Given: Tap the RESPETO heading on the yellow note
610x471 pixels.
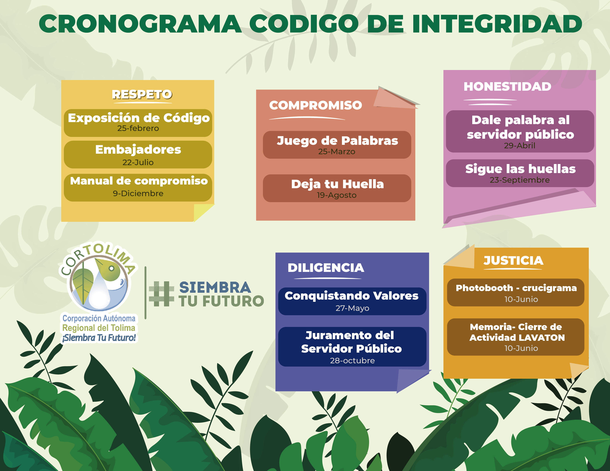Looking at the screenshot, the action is pos(142,95).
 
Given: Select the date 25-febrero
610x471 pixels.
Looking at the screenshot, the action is pos(138,128).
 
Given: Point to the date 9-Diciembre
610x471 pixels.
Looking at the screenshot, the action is pos(138,193).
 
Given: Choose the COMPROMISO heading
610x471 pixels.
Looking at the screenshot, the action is pos(316,105).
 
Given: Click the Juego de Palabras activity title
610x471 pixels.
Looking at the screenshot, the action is pos(337,141).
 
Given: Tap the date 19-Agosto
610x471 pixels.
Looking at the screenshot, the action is pos(337,195).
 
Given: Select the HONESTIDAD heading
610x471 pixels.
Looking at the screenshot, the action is pos(507,86).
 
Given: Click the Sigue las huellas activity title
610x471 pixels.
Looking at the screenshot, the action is pos(520,169).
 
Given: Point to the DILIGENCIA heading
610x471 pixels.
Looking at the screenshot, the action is pos(326,268).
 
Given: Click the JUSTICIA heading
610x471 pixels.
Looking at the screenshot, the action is pos(513,261).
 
